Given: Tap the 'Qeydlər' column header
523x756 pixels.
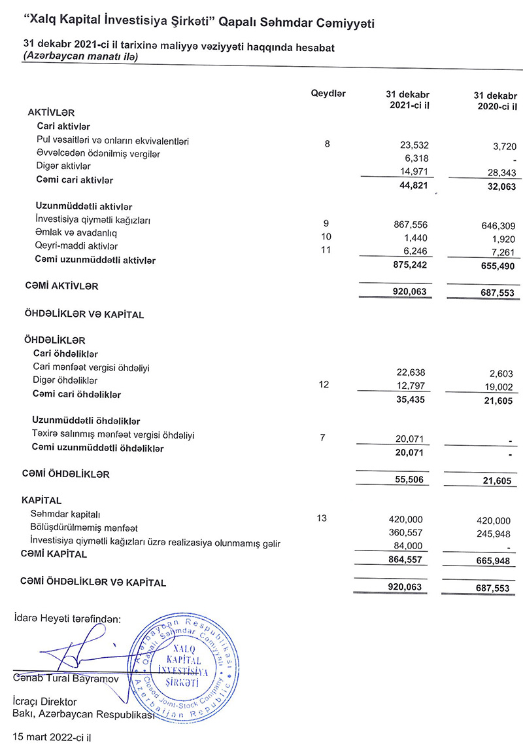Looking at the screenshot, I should point(329,94).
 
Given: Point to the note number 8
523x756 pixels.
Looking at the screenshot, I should point(327,143).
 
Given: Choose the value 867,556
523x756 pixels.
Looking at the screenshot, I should point(409,224).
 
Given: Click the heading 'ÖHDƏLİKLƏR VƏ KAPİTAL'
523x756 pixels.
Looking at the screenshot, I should point(84,314).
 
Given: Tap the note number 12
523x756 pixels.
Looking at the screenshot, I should point(323,385).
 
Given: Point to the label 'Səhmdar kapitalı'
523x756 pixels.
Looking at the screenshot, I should point(65,514).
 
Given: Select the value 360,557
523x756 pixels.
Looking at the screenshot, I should point(409,532).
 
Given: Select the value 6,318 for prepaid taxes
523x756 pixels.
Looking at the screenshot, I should point(414,158).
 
